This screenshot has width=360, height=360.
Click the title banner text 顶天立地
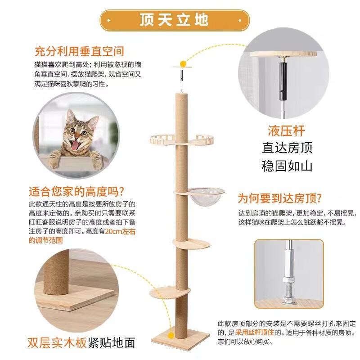(x=174, y=20)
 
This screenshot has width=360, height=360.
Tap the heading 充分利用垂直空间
(x=79, y=51)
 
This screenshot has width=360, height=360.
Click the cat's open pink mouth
(x=75, y=145)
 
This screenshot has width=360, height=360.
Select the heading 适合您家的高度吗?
(x=76, y=192)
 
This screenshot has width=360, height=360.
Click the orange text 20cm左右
(x=120, y=231)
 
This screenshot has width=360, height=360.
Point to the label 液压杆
(x=286, y=130)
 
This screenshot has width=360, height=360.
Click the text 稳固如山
(x=287, y=166)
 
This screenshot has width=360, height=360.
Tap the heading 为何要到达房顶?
(x=279, y=198)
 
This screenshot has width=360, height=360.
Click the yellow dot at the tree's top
(x=183, y=63)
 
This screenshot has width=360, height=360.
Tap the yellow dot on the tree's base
(x=171, y=336)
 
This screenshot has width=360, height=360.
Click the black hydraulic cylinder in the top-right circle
(x=283, y=81)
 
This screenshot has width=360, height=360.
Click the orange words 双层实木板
(x=57, y=343)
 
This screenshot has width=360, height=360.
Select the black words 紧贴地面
(x=111, y=343)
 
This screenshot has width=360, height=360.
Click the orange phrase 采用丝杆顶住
(x=255, y=332)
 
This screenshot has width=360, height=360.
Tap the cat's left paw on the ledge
(x=54, y=159)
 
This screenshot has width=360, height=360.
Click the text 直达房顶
(x=287, y=148)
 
